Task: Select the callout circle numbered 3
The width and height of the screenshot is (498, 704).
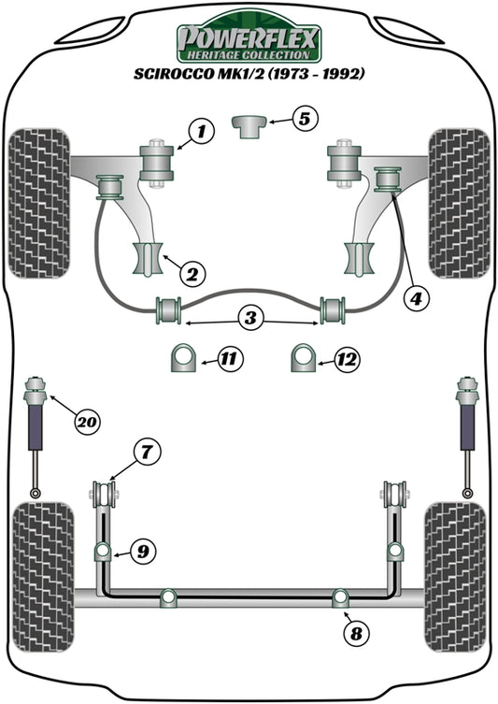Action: coord(249,320)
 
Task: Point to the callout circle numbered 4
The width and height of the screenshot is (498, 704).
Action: coord(415,299)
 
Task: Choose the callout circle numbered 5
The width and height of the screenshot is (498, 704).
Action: coord(306,118)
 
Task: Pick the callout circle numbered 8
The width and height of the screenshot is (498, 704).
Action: coord(355,634)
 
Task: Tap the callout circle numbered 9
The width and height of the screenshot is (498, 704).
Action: coord(142,552)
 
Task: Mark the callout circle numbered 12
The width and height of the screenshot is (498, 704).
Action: coord(347,357)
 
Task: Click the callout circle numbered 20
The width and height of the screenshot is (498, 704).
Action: coord(87,423)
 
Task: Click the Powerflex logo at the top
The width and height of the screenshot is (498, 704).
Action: coord(249,41)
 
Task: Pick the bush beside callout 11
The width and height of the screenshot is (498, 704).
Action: coord(186,358)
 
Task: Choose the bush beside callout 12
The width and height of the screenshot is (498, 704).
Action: coord(303,358)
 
